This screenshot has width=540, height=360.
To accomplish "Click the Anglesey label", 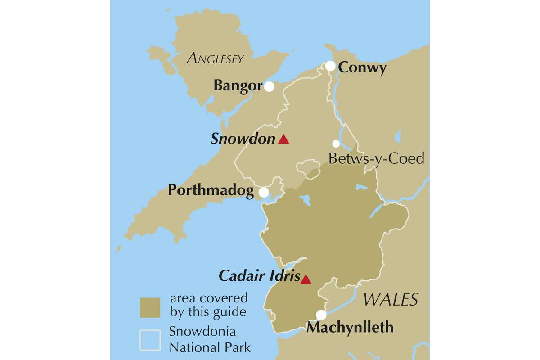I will click(x=215, y=58).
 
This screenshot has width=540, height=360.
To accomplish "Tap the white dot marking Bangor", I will click(x=269, y=87).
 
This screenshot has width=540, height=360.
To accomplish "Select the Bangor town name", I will click(x=238, y=85).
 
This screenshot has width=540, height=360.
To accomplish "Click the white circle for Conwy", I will click(x=330, y=66).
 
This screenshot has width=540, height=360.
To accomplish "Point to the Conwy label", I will click(x=362, y=68).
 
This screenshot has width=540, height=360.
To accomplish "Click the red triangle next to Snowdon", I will click(x=283, y=139).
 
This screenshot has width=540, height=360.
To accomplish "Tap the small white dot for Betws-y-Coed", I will click(x=336, y=144).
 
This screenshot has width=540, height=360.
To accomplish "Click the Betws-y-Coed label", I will click(x=376, y=159).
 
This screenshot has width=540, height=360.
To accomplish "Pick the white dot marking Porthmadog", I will click(x=264, y=192).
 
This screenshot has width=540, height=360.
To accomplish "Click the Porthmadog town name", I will click(x=211, y=191).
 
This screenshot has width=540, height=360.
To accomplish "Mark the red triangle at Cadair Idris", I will click(x=306, y=279).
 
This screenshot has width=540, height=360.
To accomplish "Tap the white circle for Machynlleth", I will click(x=321, y=315).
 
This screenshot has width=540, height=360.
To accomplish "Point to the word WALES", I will click(x=391, y=299).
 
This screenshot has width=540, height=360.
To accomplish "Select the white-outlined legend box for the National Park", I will click(x=150, y=340).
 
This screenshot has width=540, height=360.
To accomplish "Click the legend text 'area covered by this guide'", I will click(x=208, y=304).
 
